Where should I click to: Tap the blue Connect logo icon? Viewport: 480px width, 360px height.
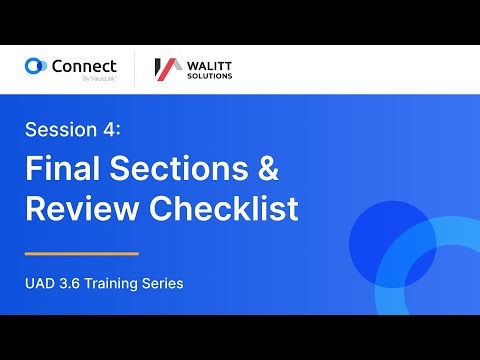coord(35,66)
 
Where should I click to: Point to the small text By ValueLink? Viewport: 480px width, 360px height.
coord(99,78)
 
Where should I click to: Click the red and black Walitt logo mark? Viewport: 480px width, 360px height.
coord(166,68)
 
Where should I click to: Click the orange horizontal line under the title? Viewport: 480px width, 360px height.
coord(81,253)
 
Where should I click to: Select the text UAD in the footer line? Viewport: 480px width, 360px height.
coord(41,284)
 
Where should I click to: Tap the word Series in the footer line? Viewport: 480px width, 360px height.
coord(166,284)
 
